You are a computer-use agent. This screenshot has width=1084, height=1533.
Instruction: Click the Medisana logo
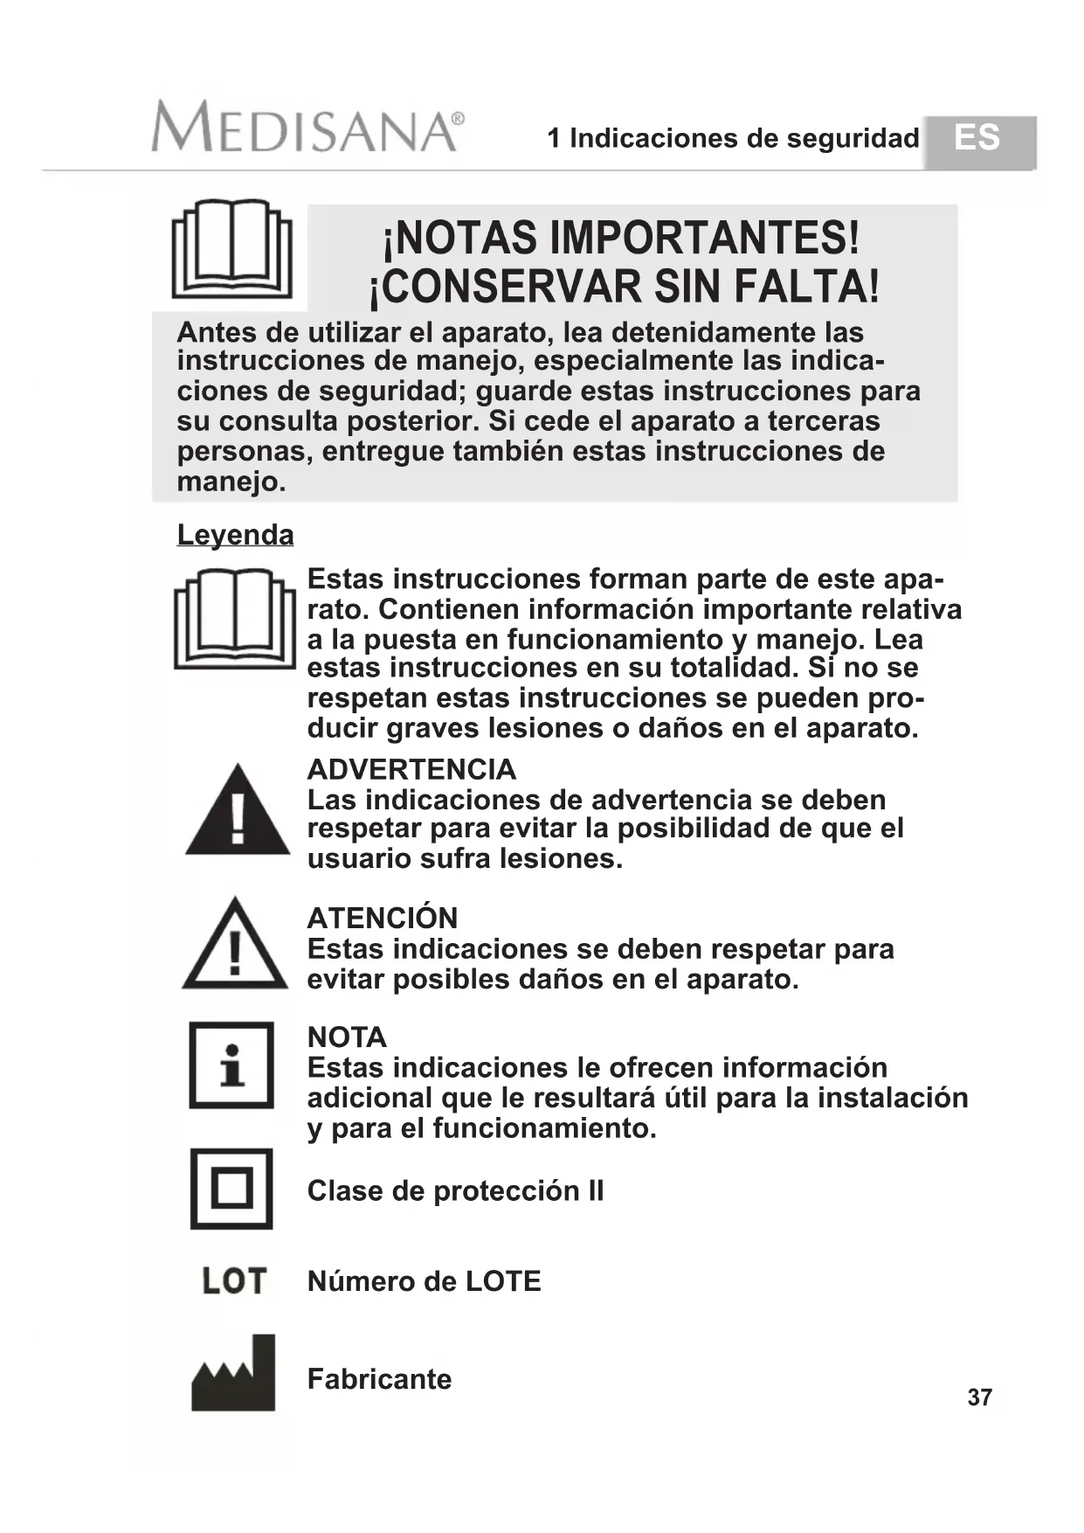click(x=307, y=128)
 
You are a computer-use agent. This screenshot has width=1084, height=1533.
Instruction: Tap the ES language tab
click(x=978, y=139)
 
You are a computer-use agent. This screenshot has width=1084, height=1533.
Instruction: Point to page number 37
click(x=979, y=1398)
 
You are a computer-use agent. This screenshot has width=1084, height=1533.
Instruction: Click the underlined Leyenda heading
click(x=235, y=535)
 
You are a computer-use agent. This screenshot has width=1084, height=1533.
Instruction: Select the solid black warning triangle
click(x=237, y=812)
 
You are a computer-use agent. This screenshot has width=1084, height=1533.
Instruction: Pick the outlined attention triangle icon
click(x=234, y=946)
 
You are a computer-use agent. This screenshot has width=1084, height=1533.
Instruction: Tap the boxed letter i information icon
click(x=231, y=1065)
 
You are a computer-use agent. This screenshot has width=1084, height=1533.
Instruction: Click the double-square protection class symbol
click(x=231, y=1189)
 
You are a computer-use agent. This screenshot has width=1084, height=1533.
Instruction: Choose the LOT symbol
click(x=233, y=1281)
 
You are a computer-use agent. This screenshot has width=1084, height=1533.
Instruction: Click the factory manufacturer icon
click(x=233, y=1373)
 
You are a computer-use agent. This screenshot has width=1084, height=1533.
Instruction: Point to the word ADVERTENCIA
click(x=411, y=769)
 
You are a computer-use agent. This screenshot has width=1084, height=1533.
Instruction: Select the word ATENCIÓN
click(x=383, y=918)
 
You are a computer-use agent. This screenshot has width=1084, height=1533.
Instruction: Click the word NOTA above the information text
click(x=347, y=1037)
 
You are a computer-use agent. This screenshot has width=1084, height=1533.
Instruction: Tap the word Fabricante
click(x=379, y=1379)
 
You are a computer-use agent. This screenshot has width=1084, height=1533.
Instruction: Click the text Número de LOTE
click(x=424, y=1281)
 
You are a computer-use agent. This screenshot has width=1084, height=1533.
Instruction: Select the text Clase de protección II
click(x=455, y=1190)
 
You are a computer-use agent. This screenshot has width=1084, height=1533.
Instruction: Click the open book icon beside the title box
click(x=232, y=249)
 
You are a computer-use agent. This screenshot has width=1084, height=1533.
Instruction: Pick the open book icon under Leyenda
click(x=235, y=619)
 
